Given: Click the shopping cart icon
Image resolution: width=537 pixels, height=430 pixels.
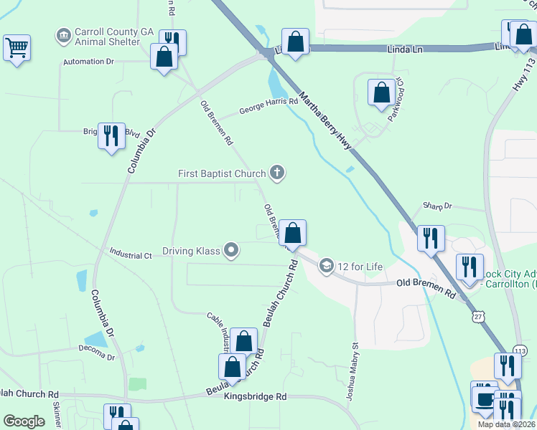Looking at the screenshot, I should tap(17, 49).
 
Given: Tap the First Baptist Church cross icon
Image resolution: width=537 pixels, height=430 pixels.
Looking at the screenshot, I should tap(277, 172).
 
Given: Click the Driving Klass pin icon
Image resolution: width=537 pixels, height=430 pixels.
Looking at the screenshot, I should tap(231, 250).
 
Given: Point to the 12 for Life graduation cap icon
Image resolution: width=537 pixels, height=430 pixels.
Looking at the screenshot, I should tap(327, 267).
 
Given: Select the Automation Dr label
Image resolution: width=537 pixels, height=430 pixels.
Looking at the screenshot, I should tap(88, 62).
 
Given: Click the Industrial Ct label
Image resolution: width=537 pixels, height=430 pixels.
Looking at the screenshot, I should tap(131, 254).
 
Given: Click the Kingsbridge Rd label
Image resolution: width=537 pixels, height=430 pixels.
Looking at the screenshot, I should tap(255, 396).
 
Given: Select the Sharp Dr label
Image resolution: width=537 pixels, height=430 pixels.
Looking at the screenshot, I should tap(438, 206).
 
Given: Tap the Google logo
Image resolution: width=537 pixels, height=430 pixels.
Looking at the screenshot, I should tap(24, 421).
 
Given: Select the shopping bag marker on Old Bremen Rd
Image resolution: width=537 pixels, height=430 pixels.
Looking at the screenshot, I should tap(292, 233).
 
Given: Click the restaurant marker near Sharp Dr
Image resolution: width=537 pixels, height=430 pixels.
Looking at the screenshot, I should tap(431, 239).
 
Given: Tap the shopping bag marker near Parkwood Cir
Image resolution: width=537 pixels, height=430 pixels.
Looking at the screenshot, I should tap(381, 92).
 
